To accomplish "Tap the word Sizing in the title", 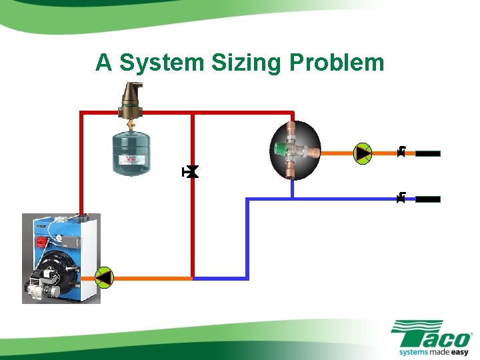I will tap(248, 63).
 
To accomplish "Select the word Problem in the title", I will tap(337, 63).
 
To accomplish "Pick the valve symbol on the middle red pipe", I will tap(192, 173).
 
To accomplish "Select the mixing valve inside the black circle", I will tap(294, 151).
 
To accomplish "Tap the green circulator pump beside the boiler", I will tap(105, 277).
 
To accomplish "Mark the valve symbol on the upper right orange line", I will tap(401, 153).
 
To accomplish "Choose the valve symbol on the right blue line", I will tap(401, 198).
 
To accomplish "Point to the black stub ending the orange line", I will tap(428, 153).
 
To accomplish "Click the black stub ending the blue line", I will tap(428, 199).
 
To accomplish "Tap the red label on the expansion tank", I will tap(132, 160).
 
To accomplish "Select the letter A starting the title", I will tap(103, 63).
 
